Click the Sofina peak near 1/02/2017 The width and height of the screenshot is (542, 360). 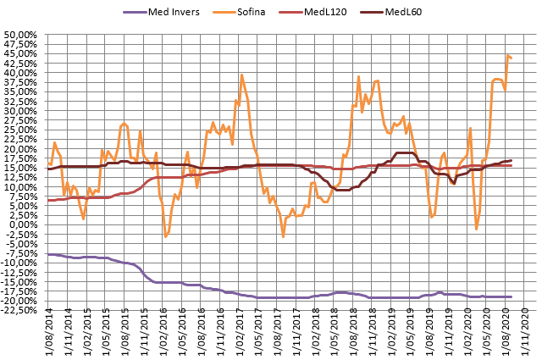pos(241,75)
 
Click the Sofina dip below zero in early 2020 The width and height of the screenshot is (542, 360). pos(477,229)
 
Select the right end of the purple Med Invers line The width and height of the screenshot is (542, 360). pos(512,296)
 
